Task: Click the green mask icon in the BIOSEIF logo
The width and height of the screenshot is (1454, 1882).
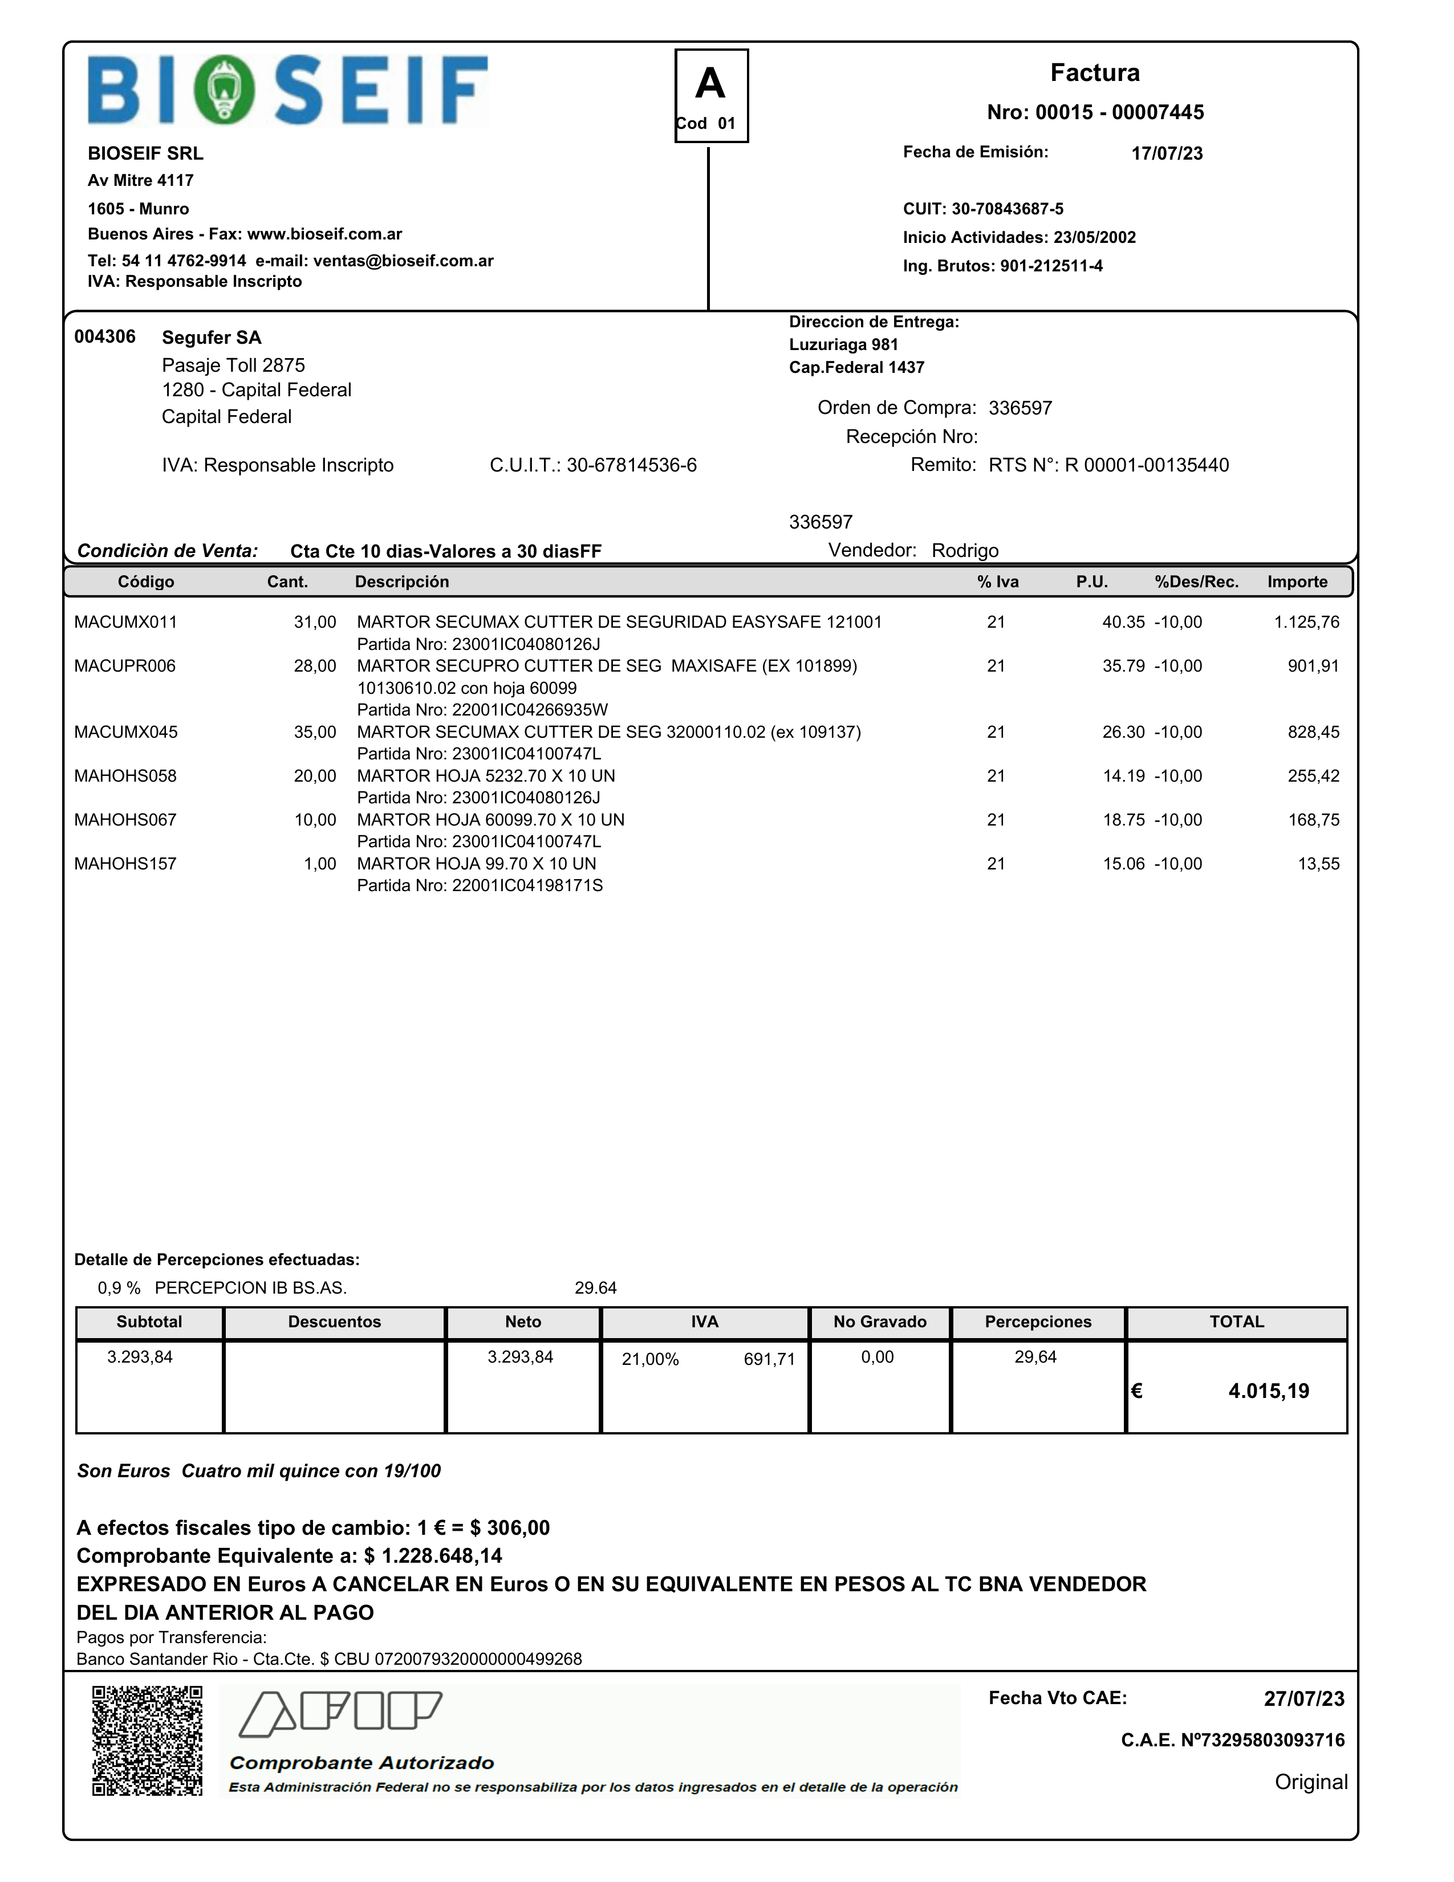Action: click(224, 90)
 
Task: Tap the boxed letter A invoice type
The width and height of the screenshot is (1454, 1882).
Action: click(710, 84)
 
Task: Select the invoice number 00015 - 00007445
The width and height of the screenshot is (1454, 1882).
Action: click(1095, 112)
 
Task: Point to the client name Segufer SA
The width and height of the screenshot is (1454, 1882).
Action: click(211, 338)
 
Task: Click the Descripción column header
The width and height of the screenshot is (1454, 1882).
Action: click(401, 582)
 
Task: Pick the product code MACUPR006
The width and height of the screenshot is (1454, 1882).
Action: click(125, 666)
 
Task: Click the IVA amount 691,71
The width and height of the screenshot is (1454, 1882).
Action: click(769, 1360)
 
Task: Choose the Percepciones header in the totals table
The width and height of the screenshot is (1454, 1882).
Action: click(1038, 1322)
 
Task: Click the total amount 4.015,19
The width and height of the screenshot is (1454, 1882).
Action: click(1268, 1391)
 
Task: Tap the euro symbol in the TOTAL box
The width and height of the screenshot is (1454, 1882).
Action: click(1137, 1391)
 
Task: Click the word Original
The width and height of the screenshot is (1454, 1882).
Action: click(1310, 1782)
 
